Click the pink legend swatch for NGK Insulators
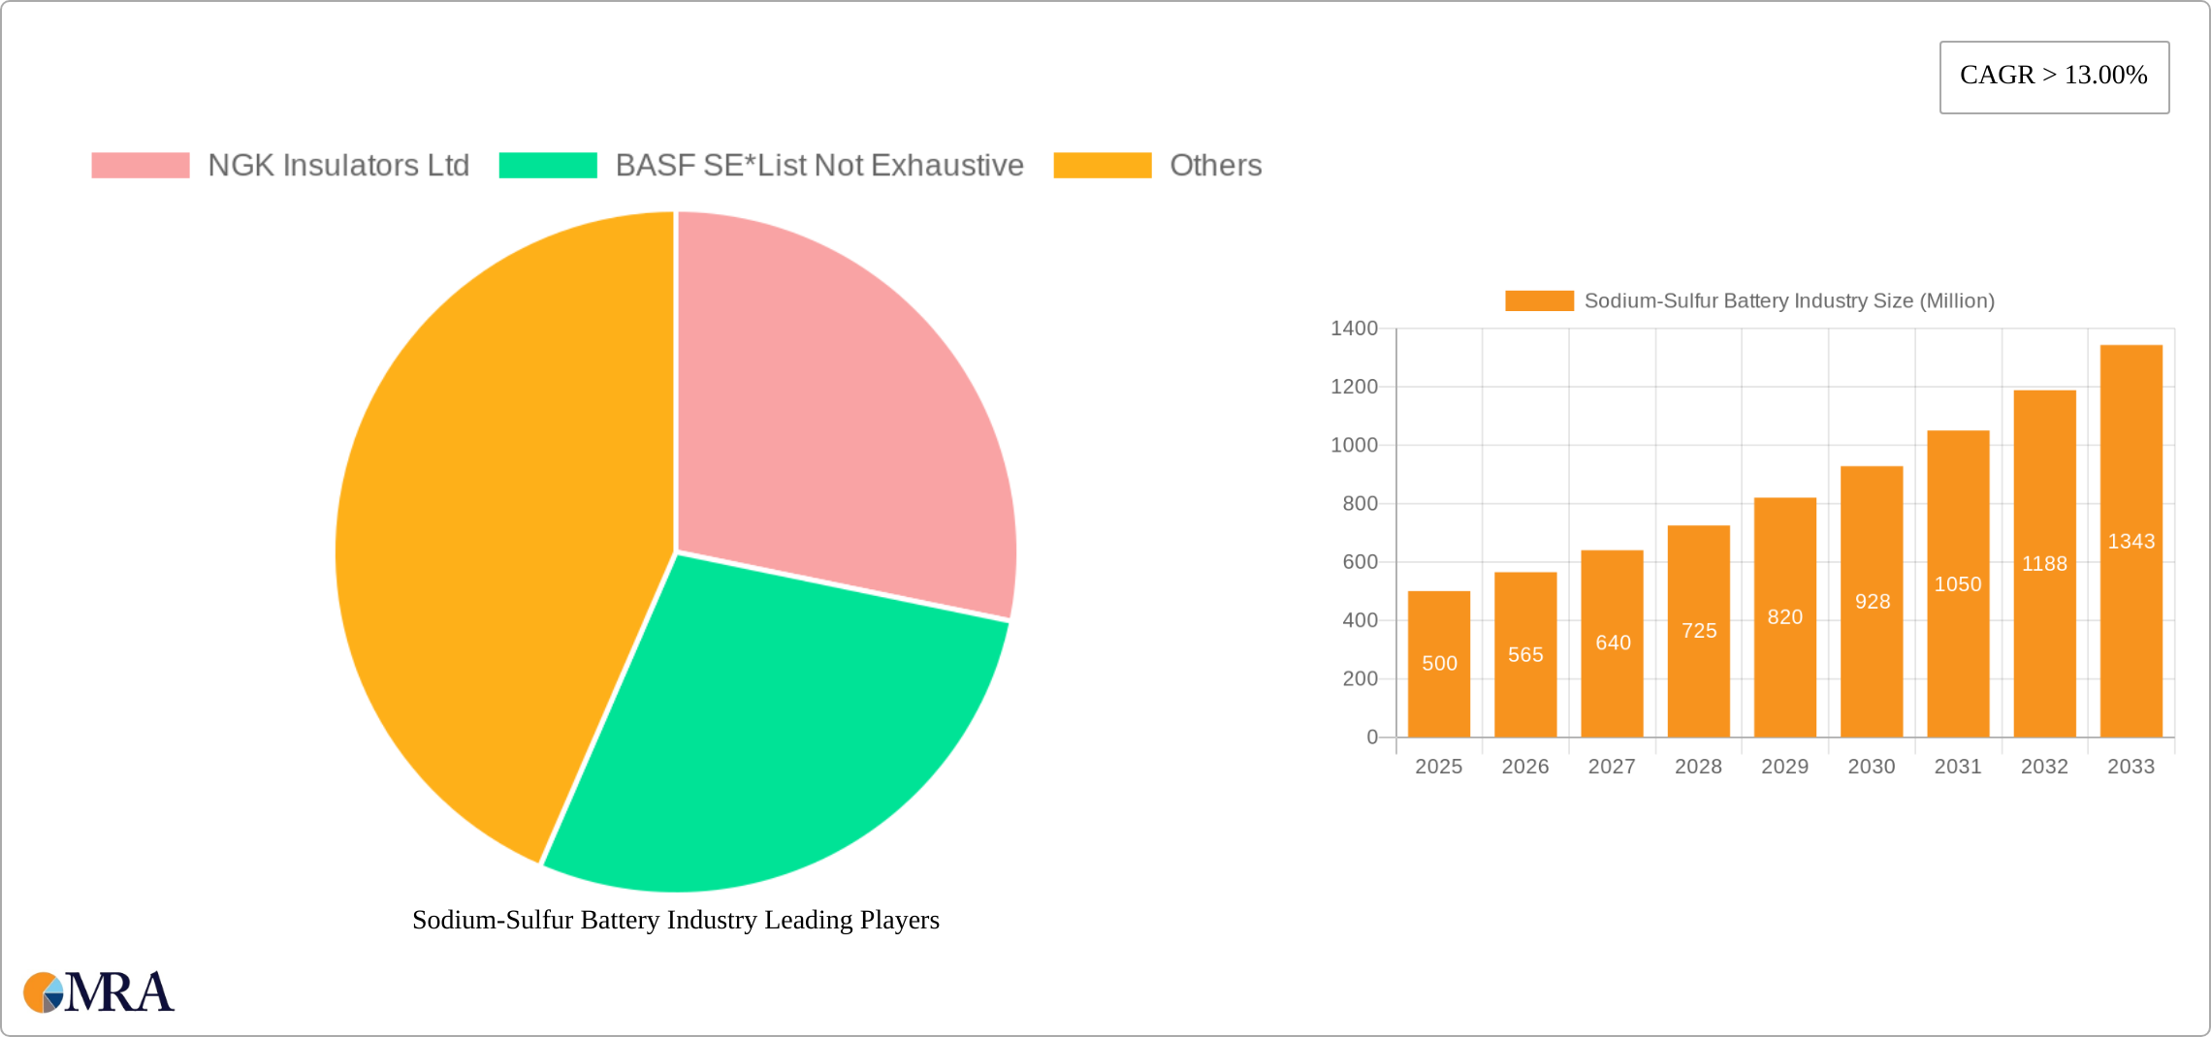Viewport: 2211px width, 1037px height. [141, 166]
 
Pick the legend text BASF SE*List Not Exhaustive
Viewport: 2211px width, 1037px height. [819, 166]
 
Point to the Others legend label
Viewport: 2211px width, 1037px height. [1215, 166]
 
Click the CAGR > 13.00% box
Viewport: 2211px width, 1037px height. [2054, 77]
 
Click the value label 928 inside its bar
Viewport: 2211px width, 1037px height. [1873, 602]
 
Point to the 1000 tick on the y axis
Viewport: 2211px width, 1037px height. [1354, 445]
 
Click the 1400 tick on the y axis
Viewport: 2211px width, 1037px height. [1354, 329]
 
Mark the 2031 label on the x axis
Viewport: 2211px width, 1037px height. [1958, 767]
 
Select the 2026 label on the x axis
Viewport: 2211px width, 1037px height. [1525, 767]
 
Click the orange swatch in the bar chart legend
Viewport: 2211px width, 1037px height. [1539, 301]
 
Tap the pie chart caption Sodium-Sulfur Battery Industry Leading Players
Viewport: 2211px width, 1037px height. [676, 920]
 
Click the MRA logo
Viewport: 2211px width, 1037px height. [99, 992]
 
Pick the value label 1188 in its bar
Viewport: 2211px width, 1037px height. [2044, 564]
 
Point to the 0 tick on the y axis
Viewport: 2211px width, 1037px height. [1372, 738]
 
